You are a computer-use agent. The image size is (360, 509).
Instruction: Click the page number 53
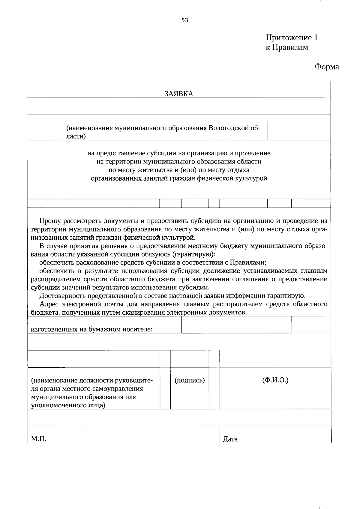(x=184, y=20)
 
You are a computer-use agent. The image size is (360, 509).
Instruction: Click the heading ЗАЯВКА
(x=178, y=94)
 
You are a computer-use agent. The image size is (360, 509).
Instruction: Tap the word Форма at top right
(x=327, y=67)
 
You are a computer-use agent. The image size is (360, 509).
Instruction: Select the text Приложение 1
(x=291, y=38)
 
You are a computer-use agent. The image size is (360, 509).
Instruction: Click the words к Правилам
(x=286, y=47)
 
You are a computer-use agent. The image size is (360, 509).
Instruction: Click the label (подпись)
(x=190, y=380)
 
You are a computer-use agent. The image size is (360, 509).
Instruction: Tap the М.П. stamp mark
(x=39, y=439)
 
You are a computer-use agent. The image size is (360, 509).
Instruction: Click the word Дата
(x=230, y=439)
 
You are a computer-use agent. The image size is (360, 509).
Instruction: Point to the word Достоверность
(x=63, y=296)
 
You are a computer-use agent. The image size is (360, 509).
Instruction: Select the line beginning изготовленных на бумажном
(x=91, y=329)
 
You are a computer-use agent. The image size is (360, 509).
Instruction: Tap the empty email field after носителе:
(x=236, y=325)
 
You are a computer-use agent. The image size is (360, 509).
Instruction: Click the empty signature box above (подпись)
(x=190, y=359)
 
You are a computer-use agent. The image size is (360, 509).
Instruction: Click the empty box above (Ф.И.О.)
(x=275, y=359)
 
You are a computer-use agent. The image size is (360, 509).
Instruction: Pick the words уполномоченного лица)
(x=68, y=406)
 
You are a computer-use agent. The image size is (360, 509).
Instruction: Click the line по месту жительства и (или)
(x=179, y=170)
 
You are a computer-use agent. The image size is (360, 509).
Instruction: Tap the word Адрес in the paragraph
(x=49, y=304)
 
